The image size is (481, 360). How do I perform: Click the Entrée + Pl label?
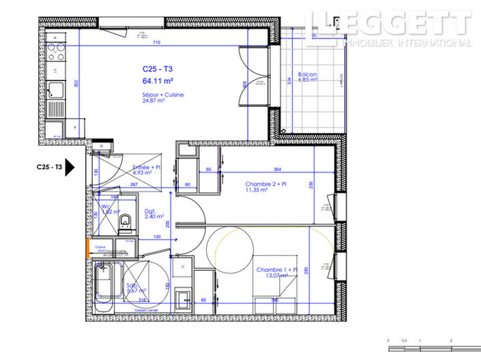click(146, 167)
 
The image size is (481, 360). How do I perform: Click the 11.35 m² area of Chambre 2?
click(257, 191)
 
